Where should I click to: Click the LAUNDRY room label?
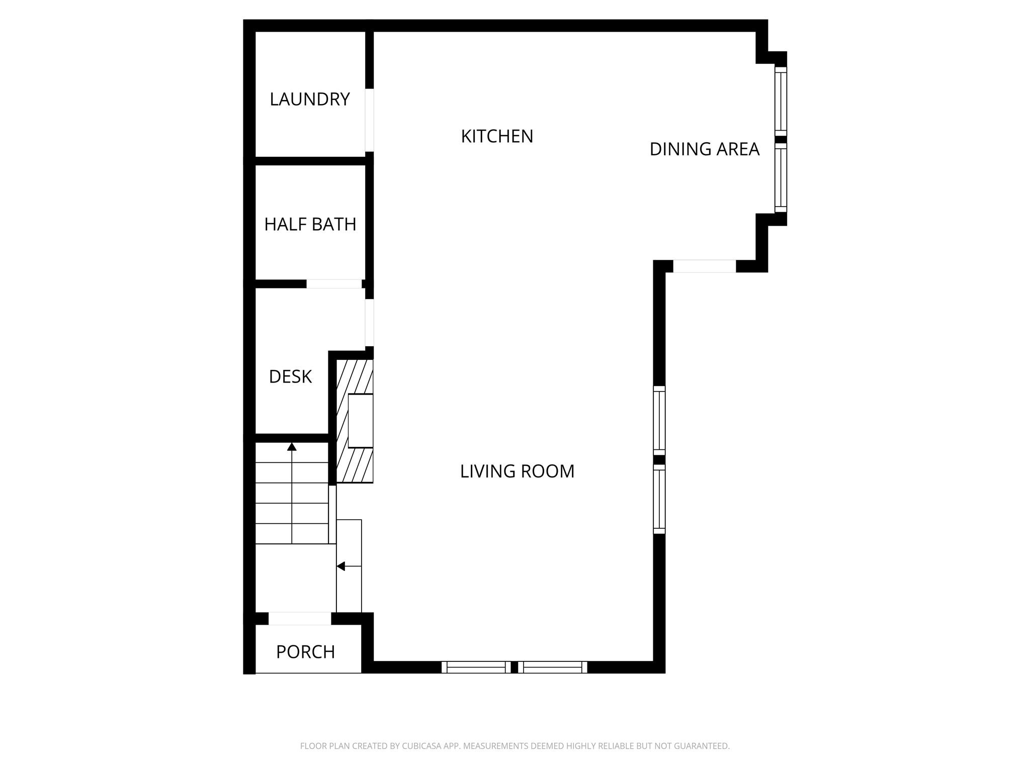coord(309,99)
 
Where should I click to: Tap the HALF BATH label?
coord(310,224)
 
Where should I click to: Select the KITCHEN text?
coord(497,136)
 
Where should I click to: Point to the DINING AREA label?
coord(704,149)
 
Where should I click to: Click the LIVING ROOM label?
coord(517,471)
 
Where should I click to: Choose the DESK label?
coord(290,376)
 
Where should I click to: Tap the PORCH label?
coord(305,652)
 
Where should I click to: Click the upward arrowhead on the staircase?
coord(292,446)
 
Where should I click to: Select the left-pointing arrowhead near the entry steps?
coord(340,566)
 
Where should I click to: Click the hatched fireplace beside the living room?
coord(355,421)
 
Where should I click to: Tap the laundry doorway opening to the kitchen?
coord(369,120)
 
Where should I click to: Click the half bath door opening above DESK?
coord(334,284)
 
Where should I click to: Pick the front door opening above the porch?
coord(300,619)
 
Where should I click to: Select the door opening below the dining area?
coord(704,266)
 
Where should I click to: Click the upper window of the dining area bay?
coord(780,101)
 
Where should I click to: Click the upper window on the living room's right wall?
coord(659,420)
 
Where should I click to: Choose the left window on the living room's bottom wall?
coord(476,667)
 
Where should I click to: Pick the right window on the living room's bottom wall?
coord(553,667)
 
